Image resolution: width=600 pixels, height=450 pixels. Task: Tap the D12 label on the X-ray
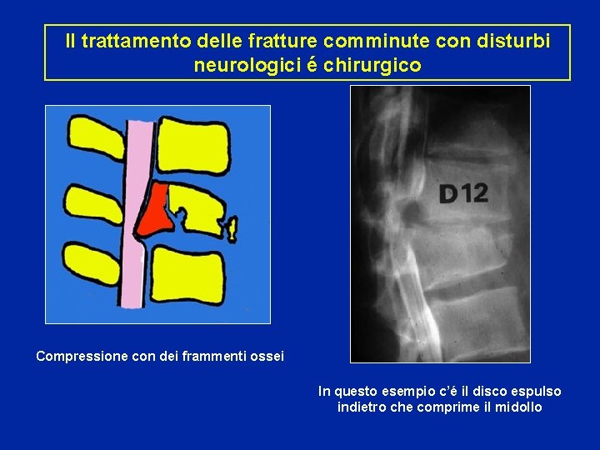[463, 194]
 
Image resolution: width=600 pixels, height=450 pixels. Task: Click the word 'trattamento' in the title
[129, 41]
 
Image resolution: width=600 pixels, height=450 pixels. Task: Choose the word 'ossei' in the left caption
[267, 357]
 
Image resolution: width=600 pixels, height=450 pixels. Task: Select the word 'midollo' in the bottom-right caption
[518, 407]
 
